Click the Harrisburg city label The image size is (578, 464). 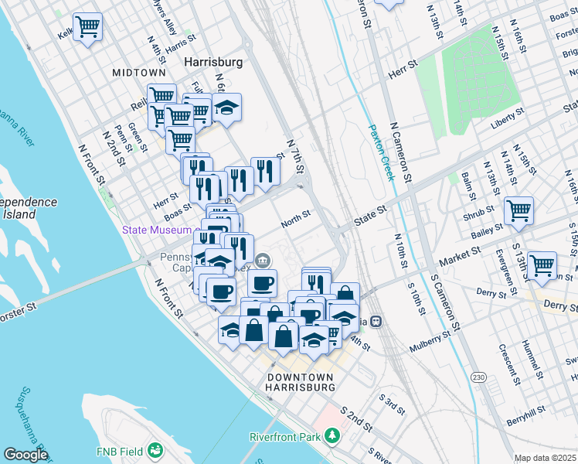tap(212, 60)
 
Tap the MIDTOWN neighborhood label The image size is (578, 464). tap(138, 72)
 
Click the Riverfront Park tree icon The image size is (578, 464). tap(332, 436)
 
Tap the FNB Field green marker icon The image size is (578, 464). tap(155, 450)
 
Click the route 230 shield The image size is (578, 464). tap(479, 377)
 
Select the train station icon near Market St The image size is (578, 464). tap(376, 321)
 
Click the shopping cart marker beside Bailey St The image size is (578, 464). tap(518, 210)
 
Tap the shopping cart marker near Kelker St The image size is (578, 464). tap(88, 27)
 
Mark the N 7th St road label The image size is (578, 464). tap(296, 157)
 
